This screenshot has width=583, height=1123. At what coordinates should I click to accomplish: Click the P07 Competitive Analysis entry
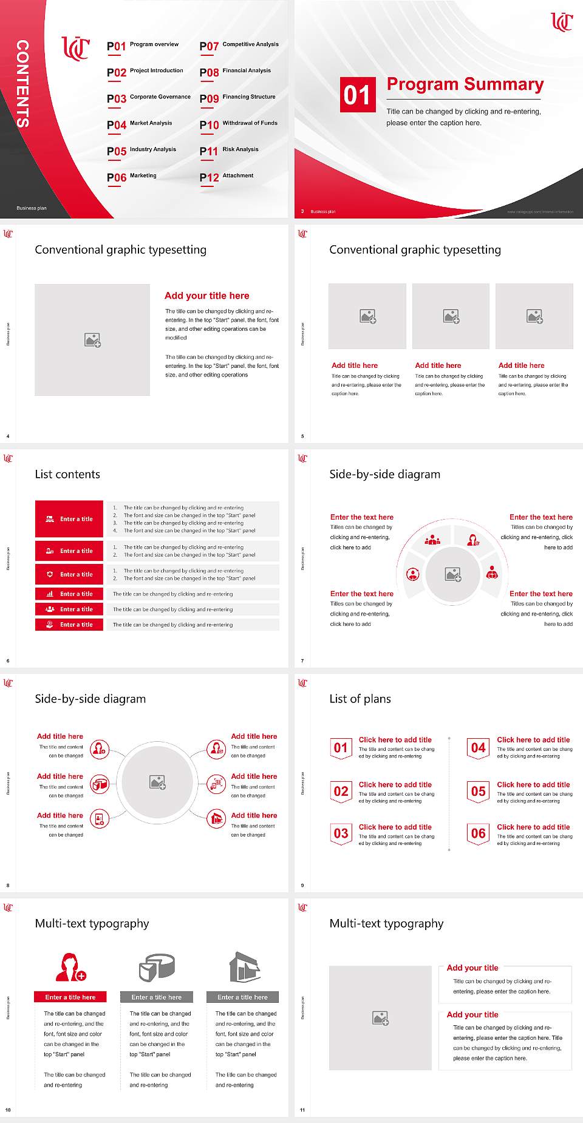click(239, 46)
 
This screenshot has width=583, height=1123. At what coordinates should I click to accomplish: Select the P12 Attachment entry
click(227, 177)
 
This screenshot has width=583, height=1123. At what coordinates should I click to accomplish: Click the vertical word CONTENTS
click(22, 84)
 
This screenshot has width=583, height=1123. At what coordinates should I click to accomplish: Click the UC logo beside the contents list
click(75, 48)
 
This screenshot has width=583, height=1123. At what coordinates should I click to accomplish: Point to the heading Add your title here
click(206, 296)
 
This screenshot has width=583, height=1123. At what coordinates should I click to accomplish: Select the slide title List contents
click(67, 474)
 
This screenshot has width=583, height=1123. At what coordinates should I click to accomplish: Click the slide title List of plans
click(360, 699)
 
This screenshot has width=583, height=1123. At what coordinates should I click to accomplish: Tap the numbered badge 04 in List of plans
click(479, 748)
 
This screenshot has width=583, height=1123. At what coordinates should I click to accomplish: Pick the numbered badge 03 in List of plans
click(341, 833)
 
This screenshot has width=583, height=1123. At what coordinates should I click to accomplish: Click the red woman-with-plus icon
click(70, 968)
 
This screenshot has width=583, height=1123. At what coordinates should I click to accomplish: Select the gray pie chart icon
click(157, 967)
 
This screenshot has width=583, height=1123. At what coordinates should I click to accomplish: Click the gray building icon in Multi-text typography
click(245, 967)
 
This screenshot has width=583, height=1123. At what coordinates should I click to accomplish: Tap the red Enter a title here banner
click(70, 997)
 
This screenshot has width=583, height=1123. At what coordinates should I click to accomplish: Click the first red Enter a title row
click(69, 519)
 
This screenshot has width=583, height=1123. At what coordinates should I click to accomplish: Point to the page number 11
click(302, 1110)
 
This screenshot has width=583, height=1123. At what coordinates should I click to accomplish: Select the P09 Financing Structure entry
click(237, 98)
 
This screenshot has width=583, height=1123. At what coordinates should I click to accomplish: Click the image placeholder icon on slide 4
click(92, 340)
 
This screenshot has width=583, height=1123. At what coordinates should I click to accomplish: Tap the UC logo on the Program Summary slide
click(561, 22)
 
